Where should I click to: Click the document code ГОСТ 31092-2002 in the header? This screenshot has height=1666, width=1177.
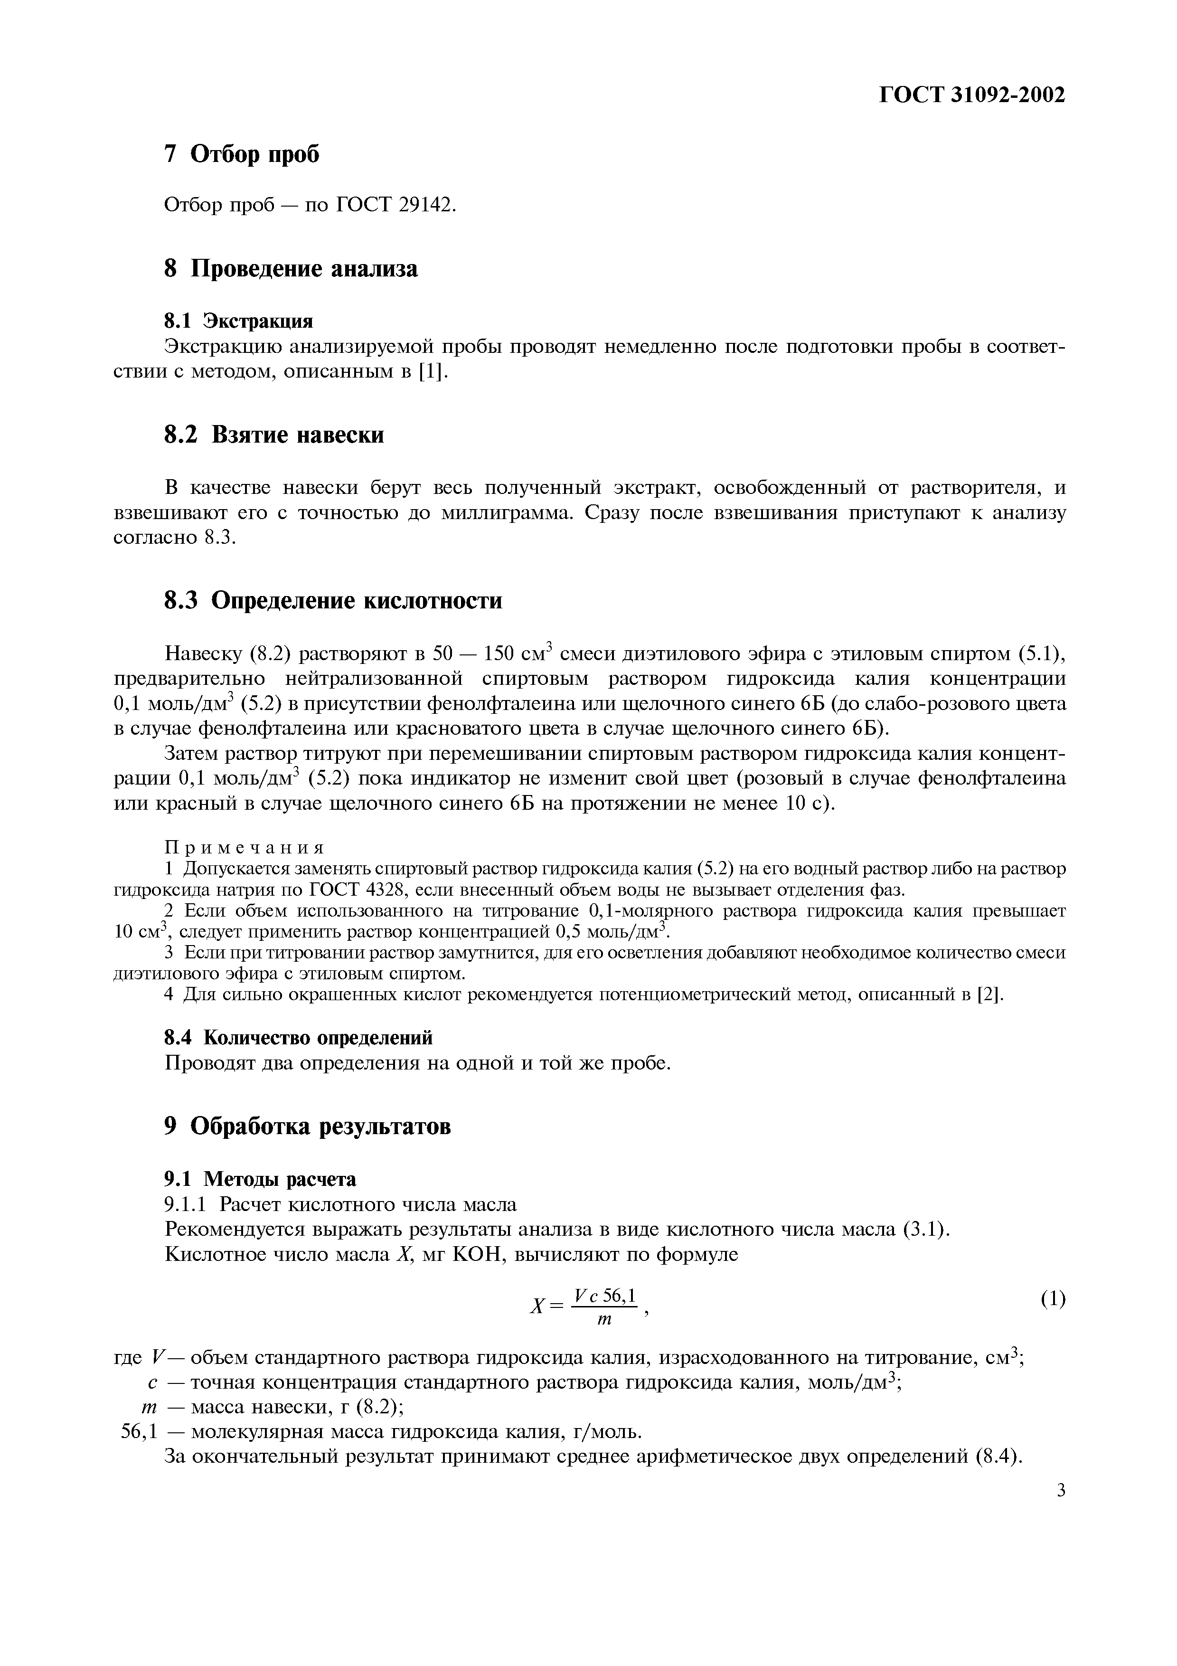coord(972,95)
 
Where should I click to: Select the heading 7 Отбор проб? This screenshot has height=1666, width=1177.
coord(242,154)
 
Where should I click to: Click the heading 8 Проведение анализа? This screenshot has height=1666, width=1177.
coord(291,268)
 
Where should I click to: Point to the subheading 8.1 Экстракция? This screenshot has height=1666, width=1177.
coord(239,320)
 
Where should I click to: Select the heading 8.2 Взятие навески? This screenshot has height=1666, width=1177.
coord(274,435)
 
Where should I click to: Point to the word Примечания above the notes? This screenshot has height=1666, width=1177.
coord(245,848)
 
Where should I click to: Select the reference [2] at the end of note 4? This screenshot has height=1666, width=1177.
coord(990,995)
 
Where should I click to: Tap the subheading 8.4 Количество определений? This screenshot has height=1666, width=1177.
coord(298,1038)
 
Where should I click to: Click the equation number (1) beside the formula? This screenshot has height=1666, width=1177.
coord(1053,1299)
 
